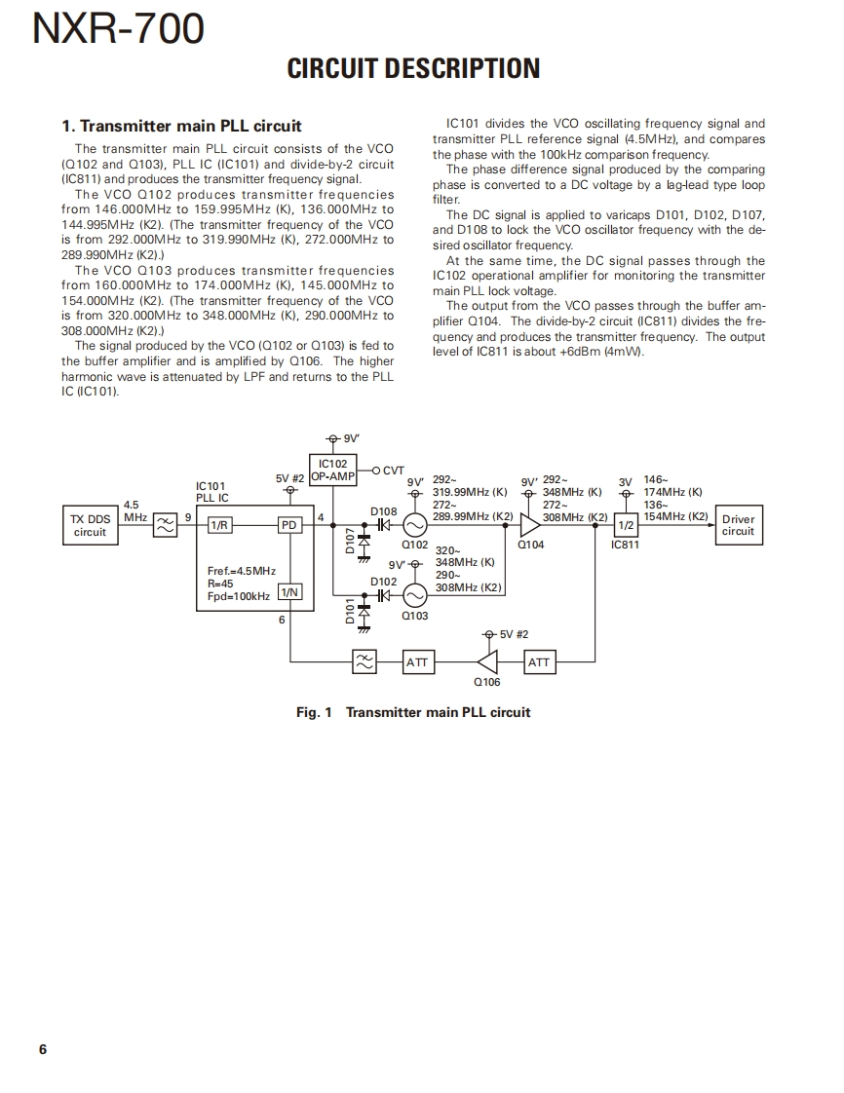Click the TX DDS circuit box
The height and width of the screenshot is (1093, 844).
click(90, 525)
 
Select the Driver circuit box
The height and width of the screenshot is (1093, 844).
click(738, 525)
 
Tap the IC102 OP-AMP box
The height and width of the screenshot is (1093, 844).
click(332, 471)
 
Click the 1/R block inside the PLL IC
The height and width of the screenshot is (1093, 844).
click(219, 525)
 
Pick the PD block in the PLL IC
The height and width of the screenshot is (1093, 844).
click(289, 525)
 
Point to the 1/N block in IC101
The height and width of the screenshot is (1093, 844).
click(289, 592)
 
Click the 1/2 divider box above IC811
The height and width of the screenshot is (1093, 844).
click(626, 525)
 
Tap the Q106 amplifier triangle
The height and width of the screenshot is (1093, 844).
click(487, 662)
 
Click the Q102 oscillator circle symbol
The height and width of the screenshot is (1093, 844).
click(414, 525)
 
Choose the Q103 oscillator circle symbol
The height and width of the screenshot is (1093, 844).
click(414, 595)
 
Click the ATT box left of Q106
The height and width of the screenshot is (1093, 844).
click(417, 662)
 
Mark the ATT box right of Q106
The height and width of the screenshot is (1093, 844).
click(538, 662)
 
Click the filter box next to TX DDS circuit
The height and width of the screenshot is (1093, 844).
click(165, 525)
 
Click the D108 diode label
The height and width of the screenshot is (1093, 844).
click(383, 510)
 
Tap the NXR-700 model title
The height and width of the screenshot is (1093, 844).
click(119, 29)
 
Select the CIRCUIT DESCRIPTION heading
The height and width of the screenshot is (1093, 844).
click(413, 68)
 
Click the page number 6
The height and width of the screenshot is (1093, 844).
click(43, 1049)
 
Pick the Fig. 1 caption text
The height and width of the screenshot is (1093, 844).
click(413, 712)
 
